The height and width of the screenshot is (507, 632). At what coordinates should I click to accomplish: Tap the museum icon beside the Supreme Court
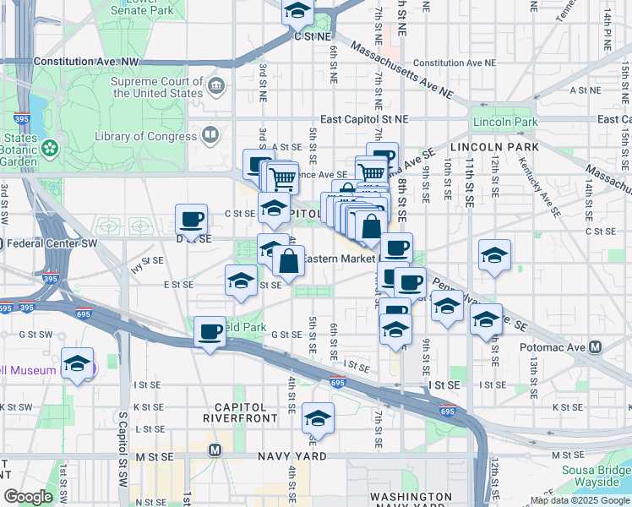point(217,85)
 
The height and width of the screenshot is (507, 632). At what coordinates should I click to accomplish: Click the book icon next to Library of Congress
point(210,134)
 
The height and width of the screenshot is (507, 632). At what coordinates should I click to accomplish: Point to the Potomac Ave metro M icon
point(596,347)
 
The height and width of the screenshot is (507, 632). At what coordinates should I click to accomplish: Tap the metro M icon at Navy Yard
point(215,450)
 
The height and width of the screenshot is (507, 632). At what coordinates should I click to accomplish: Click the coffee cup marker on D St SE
point(191,221)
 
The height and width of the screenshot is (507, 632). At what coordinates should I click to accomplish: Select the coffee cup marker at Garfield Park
point(210,331)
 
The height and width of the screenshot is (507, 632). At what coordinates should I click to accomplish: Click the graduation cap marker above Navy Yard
point(318,417)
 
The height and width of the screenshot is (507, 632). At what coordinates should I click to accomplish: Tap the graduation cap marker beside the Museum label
point(78,364)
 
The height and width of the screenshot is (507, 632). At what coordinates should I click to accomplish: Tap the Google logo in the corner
point(28,497)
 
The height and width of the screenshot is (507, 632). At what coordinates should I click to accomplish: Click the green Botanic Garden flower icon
point(51,149)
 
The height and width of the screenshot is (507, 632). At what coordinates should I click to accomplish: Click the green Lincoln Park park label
point(504,123)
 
